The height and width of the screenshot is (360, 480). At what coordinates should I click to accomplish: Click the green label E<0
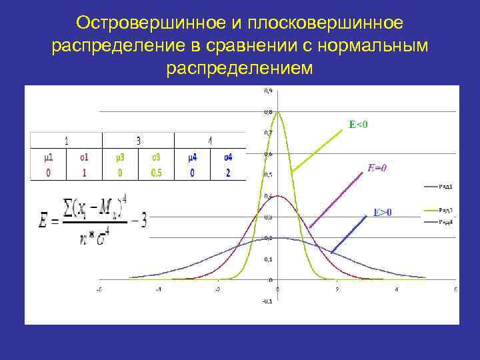pyautogui.click(x=359, y=124)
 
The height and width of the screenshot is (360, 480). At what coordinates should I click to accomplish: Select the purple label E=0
pyautogui.click(x=377, y=168)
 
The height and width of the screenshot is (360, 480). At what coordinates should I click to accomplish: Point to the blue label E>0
pyautogui.click(x=382, y=213)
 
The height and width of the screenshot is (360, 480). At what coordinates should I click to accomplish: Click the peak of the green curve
pyautogui.click(x=279, y=112)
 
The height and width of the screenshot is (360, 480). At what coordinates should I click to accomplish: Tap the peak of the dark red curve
pyautogui.click(x=279, y=196)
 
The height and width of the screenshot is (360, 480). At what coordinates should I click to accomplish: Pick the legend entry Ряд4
pyautogui.click(x=446, y=221)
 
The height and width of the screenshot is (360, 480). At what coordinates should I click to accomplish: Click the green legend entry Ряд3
pyautogui.click(x=446, y=211)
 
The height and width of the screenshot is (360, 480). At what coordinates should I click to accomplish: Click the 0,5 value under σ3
pyautogui.click(x=155, y=173)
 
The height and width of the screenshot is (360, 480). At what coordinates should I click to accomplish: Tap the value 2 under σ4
pyautogui.click(x=227, y=173)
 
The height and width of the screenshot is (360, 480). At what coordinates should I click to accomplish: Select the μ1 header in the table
pyautogui.click(x=48, y=157)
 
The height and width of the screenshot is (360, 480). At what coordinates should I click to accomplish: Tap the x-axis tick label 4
pyautogui.click(x=396, y=289)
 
